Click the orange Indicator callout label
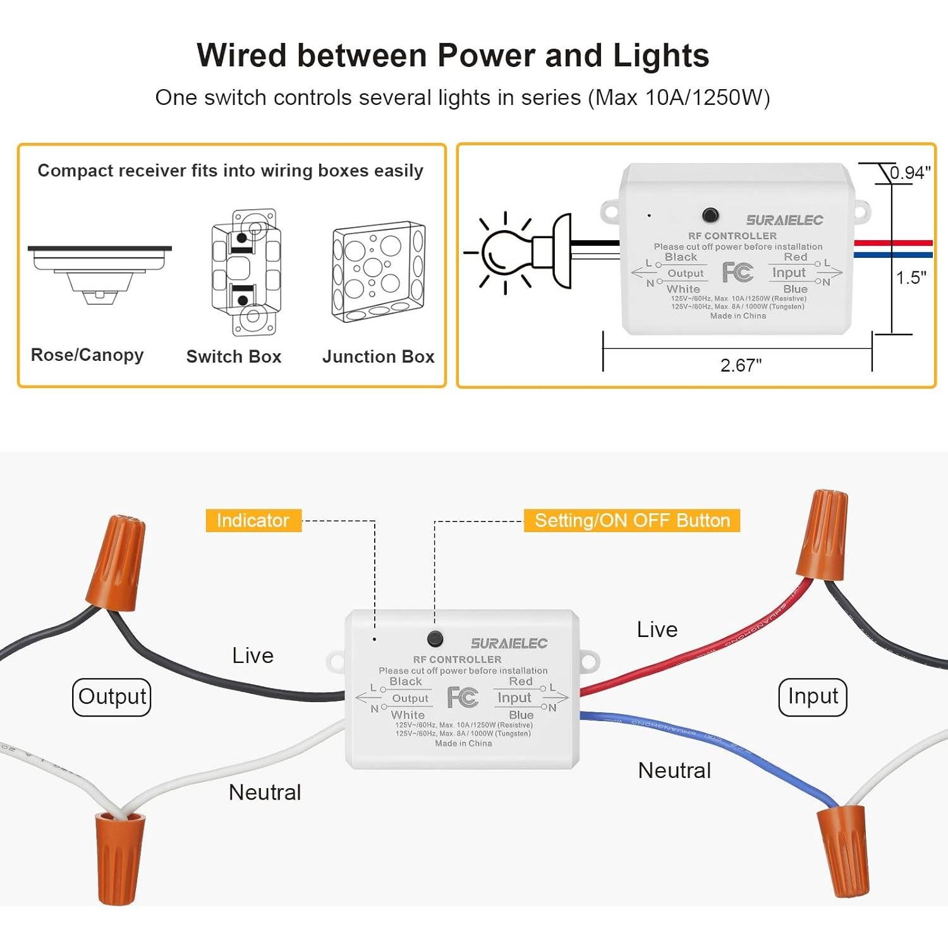coord(253,520)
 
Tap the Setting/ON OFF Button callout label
coord(631,520)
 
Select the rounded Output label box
coord(112,696)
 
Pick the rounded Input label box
coord(812,696)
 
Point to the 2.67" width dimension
coord(741,365)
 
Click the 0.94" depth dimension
coord(909,173)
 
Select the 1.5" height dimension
coord(911,277)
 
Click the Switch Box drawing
coord(246,272)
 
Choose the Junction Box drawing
coord(379,272)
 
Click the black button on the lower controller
coord(435,638)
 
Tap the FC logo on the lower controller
coord(463,697)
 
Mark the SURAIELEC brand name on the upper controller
coord(784,220)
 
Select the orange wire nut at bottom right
coord(844,850)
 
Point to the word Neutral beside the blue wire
coord(674,770)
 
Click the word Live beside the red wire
coord(657,629)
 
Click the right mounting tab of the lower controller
coord(588,661)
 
